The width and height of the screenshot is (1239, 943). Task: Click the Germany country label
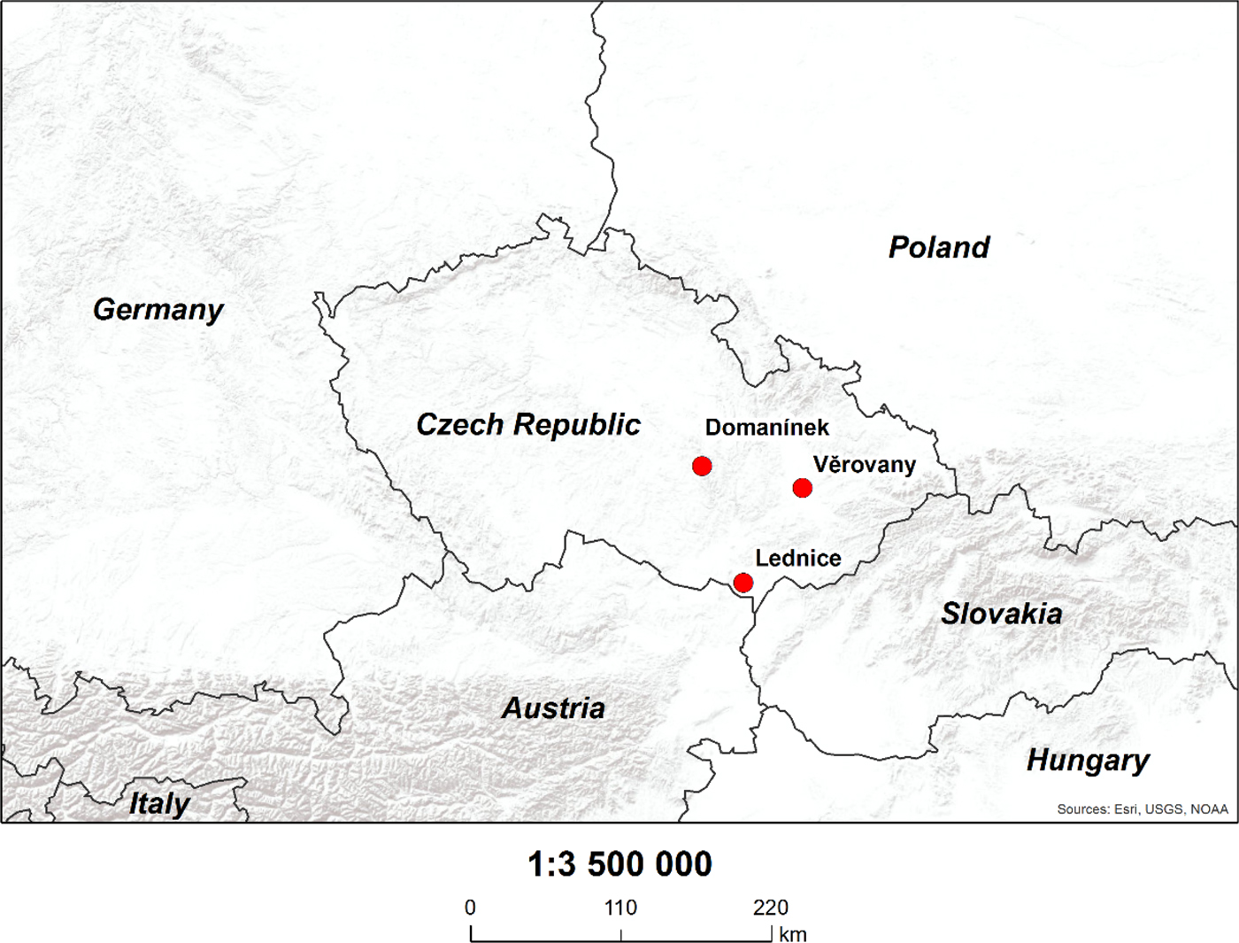158,310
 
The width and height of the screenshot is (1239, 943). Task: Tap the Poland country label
939,247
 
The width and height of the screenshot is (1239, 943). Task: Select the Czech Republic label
528,425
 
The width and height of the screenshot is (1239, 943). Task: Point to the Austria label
554,708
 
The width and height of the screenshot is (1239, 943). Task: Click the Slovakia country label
1002,614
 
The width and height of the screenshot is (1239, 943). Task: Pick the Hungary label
1088,761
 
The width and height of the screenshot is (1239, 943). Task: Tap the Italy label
159,804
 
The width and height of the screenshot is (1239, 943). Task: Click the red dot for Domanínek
702,466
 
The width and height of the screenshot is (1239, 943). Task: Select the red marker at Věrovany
803,488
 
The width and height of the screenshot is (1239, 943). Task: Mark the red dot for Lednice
743,583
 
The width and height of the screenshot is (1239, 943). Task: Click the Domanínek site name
767,428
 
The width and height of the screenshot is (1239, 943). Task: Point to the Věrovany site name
865,465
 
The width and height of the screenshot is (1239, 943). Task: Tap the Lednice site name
798,559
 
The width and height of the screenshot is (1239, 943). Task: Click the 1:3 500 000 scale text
619,864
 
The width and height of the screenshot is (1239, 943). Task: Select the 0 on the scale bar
470,908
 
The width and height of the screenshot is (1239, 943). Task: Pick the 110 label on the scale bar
620,908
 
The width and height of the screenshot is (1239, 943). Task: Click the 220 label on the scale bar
771,908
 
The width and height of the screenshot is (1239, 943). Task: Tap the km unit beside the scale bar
793,935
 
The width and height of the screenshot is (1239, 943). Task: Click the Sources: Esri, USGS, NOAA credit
1143,809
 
